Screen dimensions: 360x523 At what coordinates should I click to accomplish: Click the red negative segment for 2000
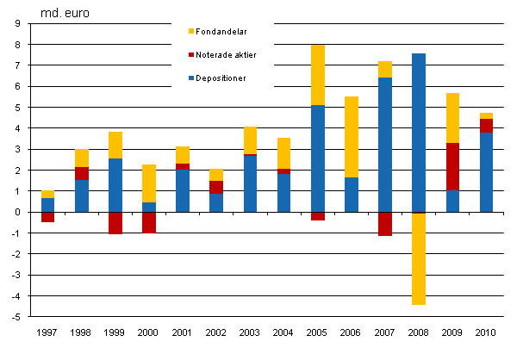tap(149, 222)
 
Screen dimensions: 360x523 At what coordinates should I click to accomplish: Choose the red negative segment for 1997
tap(48, 217)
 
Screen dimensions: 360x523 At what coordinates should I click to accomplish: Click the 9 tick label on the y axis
tap(17, 23)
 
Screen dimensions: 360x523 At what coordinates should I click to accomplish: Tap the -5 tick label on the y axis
tap(16, 317)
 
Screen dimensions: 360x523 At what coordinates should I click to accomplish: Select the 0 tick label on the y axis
tap(17, 212)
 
